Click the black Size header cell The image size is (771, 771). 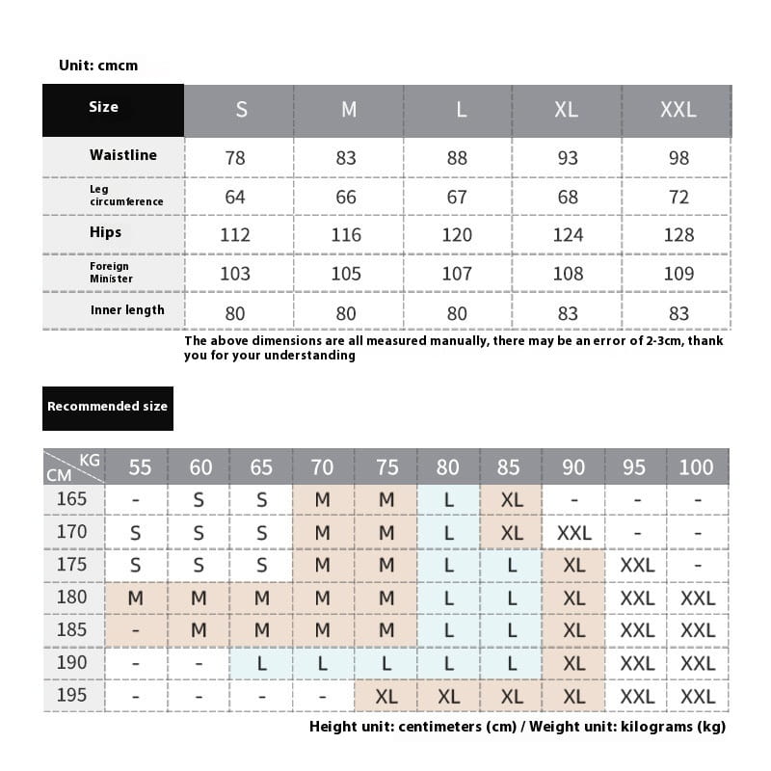coord(113,110)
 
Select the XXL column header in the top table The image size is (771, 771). coord(678,110)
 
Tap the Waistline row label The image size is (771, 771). coord(122,155)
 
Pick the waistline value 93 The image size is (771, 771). coord(568,157)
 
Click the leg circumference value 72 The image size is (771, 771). coord(678,197)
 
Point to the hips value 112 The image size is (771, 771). coord(235,234)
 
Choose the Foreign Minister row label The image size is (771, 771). coord(111,273)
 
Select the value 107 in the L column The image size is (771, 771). coord(457,273)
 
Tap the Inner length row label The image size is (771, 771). coord(127,310)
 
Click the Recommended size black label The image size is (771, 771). coord(107,407)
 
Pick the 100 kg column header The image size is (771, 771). coord(696,467)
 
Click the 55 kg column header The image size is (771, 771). coord(140,467)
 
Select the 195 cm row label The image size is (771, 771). coord(71,695)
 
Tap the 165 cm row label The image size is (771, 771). coord(71,499)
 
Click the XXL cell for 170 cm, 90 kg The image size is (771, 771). coord(573,533)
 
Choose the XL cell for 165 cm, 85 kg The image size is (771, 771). coord(512,500)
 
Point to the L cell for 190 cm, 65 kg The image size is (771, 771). coord(261,663)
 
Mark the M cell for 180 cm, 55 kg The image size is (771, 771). coord(136,598)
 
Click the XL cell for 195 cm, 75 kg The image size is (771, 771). coord(386,696)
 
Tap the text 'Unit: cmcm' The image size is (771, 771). coord(98,66)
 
